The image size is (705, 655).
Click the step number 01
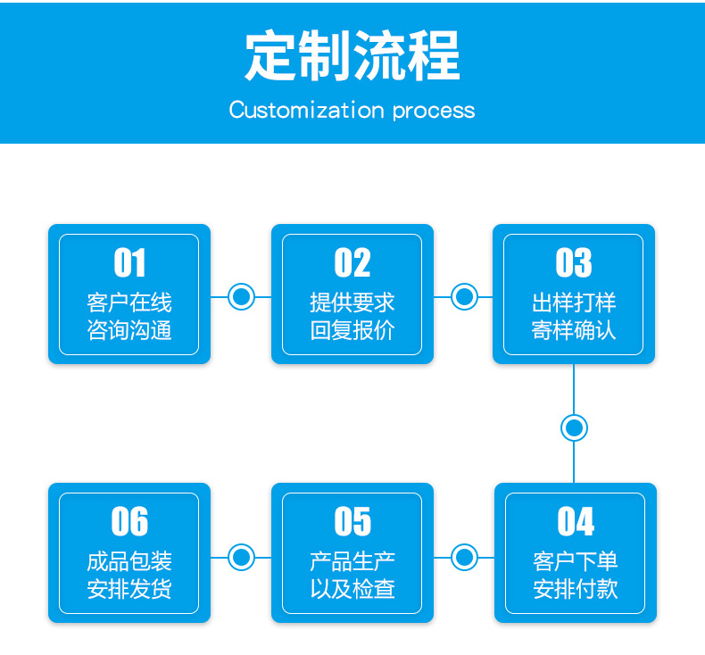coord(129,262)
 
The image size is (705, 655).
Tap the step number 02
coord(352,262)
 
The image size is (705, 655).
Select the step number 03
coord(574,262)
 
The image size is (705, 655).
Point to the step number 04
coord(576,521)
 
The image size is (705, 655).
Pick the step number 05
coord(352,521)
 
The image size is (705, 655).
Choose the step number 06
coord(129,521)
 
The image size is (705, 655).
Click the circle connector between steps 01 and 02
coord(242,296)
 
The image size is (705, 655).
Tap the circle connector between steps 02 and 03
coord(464,296)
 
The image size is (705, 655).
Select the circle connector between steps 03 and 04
coord(574,428)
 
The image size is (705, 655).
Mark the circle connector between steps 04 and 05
coord(464,558)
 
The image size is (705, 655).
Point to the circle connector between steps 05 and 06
coord(242,558)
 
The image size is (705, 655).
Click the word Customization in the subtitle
coord(307,110)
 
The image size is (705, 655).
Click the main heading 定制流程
coord(352,55)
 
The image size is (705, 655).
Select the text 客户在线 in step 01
coord(129,303)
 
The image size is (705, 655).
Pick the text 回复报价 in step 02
coord(352,330)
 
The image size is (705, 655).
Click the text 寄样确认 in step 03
coord(574,330)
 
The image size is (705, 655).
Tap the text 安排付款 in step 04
coord(576,589)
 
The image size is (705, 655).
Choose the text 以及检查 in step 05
coord(352,589)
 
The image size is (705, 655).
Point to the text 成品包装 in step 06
coord(129,561)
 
